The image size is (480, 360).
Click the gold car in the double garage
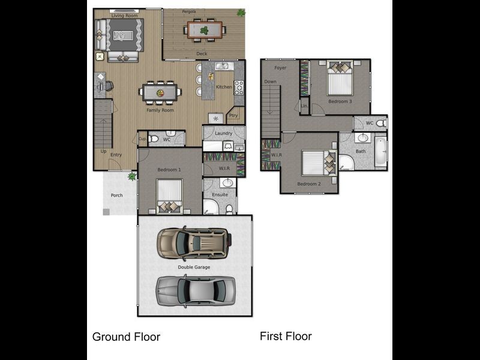[x=193, y=243]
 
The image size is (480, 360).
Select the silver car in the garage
[x=196, y=290]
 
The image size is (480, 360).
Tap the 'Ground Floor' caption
[x=126, y=337]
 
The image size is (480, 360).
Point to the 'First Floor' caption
[x=286, y=336]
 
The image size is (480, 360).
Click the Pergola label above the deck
[x=189, y=11]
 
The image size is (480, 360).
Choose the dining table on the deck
[x=205, y=29]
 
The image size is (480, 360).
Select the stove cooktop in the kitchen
[x=239, y=88]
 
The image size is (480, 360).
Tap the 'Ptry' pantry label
[x=233, y=116]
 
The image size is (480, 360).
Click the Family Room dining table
[x=160, y=93]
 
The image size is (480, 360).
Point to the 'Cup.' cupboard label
[x=142, y=139]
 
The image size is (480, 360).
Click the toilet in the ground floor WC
[x=154, y=139]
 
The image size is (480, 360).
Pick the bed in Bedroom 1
[x=170, y=197]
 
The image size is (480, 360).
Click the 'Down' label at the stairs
[x=271, y=82]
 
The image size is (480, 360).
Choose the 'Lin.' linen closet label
[x=304, y=106]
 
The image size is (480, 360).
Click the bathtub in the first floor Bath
[x=382, y=153]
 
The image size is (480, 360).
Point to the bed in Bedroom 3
[x=340, y=80]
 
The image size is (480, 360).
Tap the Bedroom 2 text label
[x=310, y=184]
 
